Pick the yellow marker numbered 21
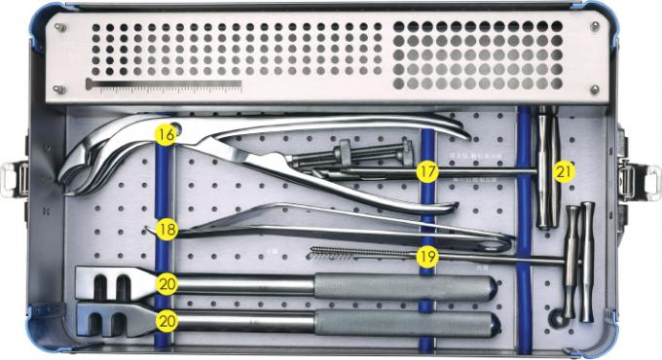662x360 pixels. click(x=563, y=171)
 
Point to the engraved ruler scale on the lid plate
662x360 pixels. click(x=165, y=89)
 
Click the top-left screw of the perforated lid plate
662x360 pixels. click(x=60, y=26)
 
